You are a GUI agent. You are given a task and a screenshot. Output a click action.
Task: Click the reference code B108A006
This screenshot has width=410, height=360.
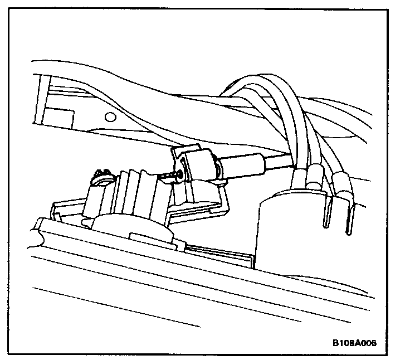click(x=355, y=343)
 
